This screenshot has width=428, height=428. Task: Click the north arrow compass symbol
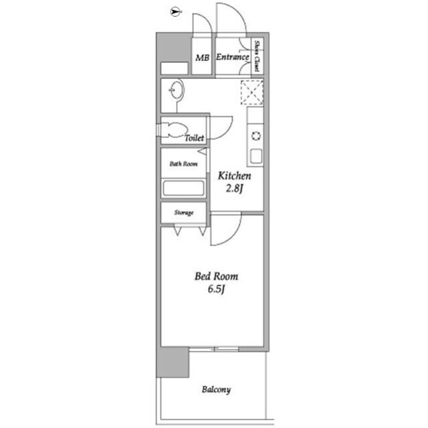tap(177, 12)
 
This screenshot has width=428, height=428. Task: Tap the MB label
tap(202, 58)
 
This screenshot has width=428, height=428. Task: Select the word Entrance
tap(233, 57)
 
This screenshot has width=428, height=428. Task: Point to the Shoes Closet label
tap(257, 56)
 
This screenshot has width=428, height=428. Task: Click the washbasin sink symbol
tap(177, 90)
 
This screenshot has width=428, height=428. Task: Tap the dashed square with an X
tap(252, 92)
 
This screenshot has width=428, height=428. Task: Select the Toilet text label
tap(195, 138)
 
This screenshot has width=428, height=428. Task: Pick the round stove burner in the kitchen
tap(256, 136)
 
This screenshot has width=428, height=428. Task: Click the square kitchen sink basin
tap(256, 156)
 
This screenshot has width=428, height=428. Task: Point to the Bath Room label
tap(183, 164)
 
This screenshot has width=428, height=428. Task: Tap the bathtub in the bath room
tap(183, 188)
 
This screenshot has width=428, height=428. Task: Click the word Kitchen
tap(234, 175)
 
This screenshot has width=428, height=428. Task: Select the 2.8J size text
tap(234, 188)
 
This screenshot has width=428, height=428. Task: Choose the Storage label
tap(184, 212)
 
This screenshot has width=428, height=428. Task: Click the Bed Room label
tap(216, 277)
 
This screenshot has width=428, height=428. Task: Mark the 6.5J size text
tap(216, 289)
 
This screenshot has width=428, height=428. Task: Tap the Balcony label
tap(216, 389)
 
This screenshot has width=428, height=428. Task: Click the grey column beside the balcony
tap(173, 362)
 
